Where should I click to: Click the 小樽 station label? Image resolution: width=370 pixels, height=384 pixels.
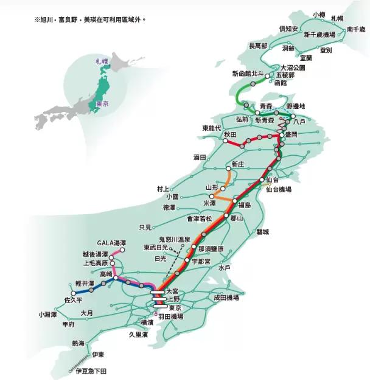tap(319, 14)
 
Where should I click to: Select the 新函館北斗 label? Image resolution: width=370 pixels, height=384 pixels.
tap(247, 73)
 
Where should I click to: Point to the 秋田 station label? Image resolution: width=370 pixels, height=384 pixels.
tap(229, 134)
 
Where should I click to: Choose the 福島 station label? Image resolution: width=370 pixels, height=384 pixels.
tap(245, 204)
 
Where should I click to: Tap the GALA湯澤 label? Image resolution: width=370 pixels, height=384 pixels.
tap(111, 243)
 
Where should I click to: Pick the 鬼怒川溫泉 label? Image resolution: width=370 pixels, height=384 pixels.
tap(174, 239)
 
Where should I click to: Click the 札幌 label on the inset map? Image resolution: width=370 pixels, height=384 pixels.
tap(100, 62)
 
